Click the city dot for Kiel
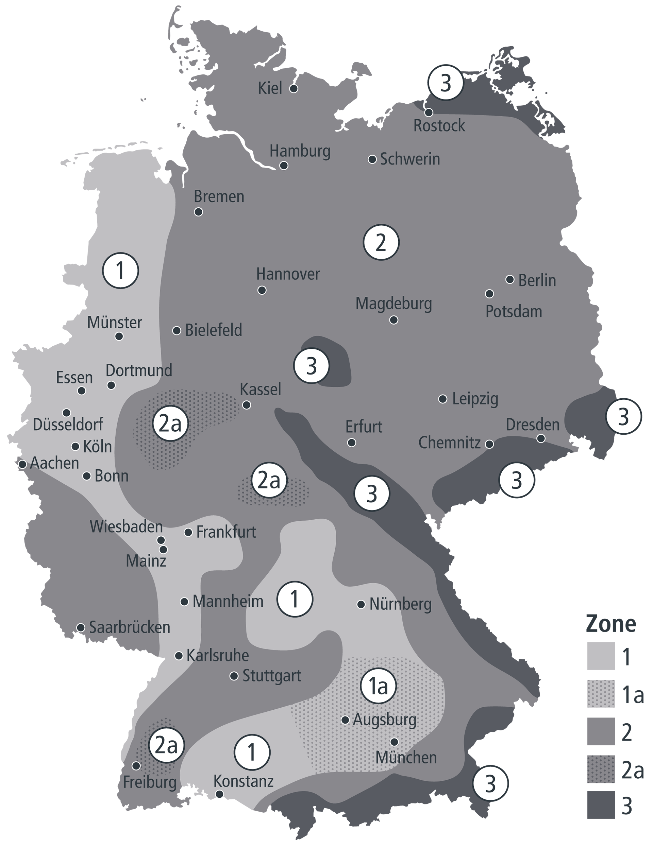(294, 88)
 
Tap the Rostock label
(439, 126)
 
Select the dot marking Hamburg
(284, 166)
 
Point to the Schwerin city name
(410, 159)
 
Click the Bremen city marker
(198, 212)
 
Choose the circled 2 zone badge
(381, 242)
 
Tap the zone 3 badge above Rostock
(446, 83)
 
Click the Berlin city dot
(510, 280)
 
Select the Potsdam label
(514, 312)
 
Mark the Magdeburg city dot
(394, 320)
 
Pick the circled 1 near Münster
(120, 271)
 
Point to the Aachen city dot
(22, 464)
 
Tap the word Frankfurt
(226, 532)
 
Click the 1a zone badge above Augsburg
(378, 686)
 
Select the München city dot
(394, 742)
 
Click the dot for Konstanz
(219, 794)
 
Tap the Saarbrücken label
(130, 627)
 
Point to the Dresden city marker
(541, 438)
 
